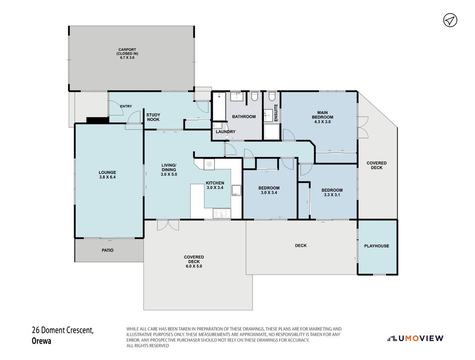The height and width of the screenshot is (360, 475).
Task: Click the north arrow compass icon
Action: pos(450,20)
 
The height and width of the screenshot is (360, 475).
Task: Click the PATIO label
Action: pos(108,250)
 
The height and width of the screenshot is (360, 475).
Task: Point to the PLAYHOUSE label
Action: pos(376,246)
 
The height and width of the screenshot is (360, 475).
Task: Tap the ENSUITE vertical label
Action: pos(276,113)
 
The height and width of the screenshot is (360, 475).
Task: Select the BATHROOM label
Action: pos(244,117)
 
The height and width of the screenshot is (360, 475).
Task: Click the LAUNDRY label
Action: pos(226,132)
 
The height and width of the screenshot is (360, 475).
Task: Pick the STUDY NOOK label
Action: pos(153,117)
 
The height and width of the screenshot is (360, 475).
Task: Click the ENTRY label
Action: pos(126,106)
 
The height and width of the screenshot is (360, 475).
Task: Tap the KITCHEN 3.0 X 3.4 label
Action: pos(215,185)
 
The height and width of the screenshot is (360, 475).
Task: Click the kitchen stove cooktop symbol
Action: pos(209,164)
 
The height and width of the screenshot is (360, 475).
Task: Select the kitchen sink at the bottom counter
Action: pos(222,213)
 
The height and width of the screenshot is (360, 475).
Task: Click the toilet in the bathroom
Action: pos(254,96)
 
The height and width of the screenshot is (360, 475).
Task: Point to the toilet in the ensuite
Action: pos(272,96)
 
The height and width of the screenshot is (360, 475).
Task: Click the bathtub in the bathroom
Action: pos(219,106)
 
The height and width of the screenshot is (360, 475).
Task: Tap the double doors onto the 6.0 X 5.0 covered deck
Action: pos(168,225)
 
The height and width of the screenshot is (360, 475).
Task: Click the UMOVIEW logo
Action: pos(415,338)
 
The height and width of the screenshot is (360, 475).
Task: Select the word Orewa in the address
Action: pos(41,341)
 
